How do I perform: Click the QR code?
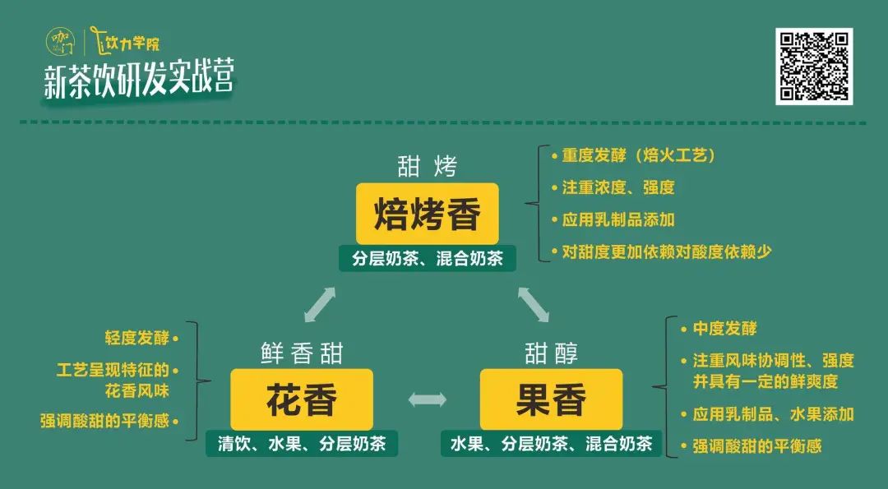(814, 67)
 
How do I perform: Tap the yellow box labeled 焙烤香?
(427, 214)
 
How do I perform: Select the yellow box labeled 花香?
(301, 399)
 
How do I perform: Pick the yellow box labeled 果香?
(551, 399)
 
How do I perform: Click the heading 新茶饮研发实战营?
(139, 80)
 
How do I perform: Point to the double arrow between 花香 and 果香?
(427, 399)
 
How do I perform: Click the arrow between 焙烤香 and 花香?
(320, 304)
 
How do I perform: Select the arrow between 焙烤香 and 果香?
(534, 304)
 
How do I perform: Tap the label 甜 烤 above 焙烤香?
(427, 167)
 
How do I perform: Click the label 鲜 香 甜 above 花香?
(302, 353)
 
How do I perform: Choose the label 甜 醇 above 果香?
(551, 353)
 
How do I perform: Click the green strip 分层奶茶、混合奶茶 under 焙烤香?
(428, 259)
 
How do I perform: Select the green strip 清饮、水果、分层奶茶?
(302, 444)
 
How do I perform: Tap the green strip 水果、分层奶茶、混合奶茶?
(551, 444)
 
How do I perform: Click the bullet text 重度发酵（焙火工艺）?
(638, 155)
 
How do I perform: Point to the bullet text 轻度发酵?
(137, 339)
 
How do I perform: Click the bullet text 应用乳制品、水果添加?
(773, 414)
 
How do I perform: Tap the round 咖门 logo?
(59, 42)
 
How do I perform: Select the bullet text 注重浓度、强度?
(617, 187)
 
